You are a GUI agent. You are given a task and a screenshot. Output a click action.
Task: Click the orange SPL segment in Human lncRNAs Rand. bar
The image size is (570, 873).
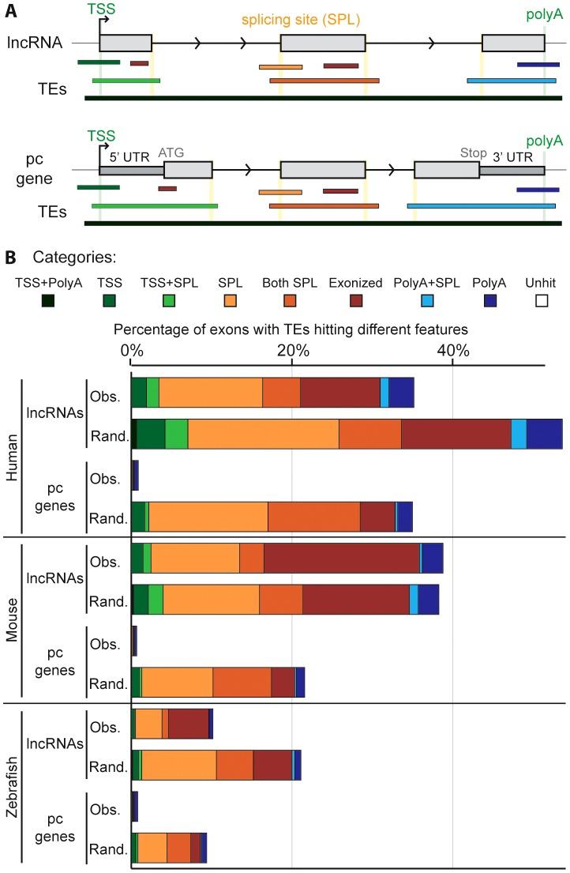(263, 435)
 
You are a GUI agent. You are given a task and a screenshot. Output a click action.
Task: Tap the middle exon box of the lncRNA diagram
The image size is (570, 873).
(323, 43)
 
